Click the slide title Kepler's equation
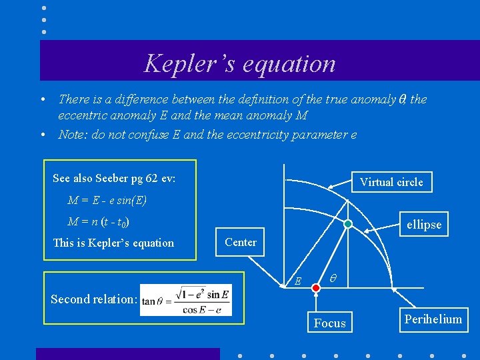click(x=240, y=64)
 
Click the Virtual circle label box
click(x=391, y=182)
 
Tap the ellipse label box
click(x=424, y=225)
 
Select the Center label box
click(x=241, y=242)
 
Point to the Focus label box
click(x=330, y=323)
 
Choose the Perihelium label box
click(x=433, y=319)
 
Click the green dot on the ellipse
click(x=348, y=224)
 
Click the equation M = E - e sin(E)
click(x=107, y=201)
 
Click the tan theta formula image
click(x=186, y=301)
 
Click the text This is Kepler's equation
click(x=113, y=243)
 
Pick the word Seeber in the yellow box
click(x=117, y=179)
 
